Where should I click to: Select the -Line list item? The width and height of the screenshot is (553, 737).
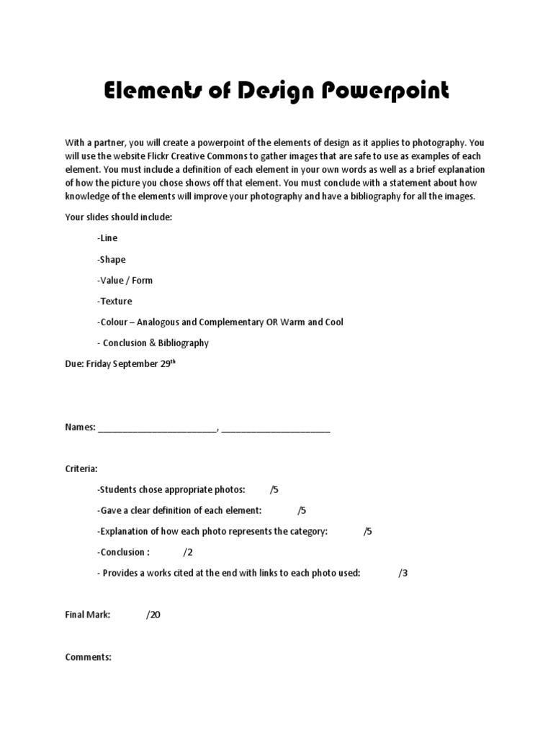107,238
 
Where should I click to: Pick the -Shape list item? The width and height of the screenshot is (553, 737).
111,259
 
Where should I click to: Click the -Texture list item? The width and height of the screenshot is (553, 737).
114,301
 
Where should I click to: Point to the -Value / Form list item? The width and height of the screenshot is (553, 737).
125,280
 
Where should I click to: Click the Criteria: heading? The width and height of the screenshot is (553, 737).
81,469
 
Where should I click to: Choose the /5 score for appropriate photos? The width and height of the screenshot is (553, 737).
274,489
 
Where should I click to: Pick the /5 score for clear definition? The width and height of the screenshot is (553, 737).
302,510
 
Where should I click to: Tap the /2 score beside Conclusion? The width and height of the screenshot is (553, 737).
188,552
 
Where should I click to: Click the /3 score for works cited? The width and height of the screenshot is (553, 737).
403,573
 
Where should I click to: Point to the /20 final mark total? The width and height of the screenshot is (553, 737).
153,615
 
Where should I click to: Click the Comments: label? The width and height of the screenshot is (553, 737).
89,657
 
